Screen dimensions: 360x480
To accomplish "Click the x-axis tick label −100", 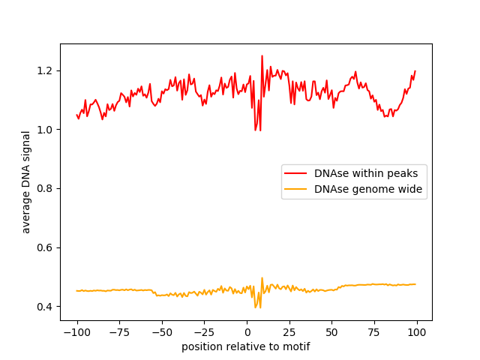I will [x=76, y=332].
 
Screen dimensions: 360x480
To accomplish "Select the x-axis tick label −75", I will [x=119, y=332].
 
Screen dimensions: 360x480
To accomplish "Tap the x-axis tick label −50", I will [x=162, y=332].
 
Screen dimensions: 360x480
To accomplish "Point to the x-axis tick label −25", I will [x=204, y=332].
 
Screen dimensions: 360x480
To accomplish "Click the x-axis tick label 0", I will [x=247, y=332].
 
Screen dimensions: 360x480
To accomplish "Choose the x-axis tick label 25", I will [x=289, y=332].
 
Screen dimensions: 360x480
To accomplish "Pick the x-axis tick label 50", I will [x=332, y=332].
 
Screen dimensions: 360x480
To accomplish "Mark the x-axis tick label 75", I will [x=375, y=332].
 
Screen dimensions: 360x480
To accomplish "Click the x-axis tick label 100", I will [x=417, y=332].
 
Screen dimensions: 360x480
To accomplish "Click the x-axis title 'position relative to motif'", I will [x=246, y=346].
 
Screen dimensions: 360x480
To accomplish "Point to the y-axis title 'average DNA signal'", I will [x=26, y=181].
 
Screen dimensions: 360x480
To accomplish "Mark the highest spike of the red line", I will [x=262, y=55].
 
